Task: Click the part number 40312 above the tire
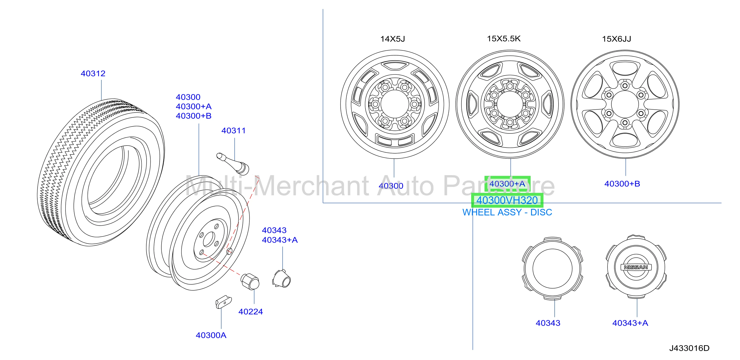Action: pyautogui.click(x=93, y=74)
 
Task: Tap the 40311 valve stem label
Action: pyautogui.click(x=234, y=131)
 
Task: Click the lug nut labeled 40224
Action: pyautogui.click(x=250, y=281)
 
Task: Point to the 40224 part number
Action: pyautogui.click(x=250, y=311)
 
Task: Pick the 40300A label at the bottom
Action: pyautogui.click(x=211, y=335)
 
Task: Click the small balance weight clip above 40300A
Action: pyautogui.click(x=223, y=302)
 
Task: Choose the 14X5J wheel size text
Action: pyautogui.click(x=393, y=39)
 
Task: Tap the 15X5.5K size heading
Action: pyautogui.click(x=504, y=39)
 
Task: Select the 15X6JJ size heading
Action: pyautogui.click(x=617, y=39)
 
